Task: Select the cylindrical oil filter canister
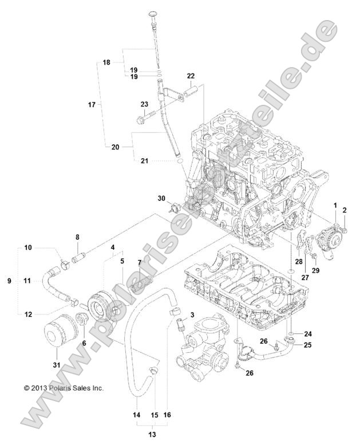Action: [x=57, y=334]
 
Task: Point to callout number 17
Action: [x=92, y=105]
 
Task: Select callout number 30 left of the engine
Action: [x=162, y=198]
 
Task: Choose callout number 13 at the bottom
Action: [x=151, y=435]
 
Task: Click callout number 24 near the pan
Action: [x=307, y=333]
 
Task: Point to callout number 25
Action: [x=307, y=345]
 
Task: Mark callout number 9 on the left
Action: [x=9, y=281]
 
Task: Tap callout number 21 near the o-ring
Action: [x=144, y=161]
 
